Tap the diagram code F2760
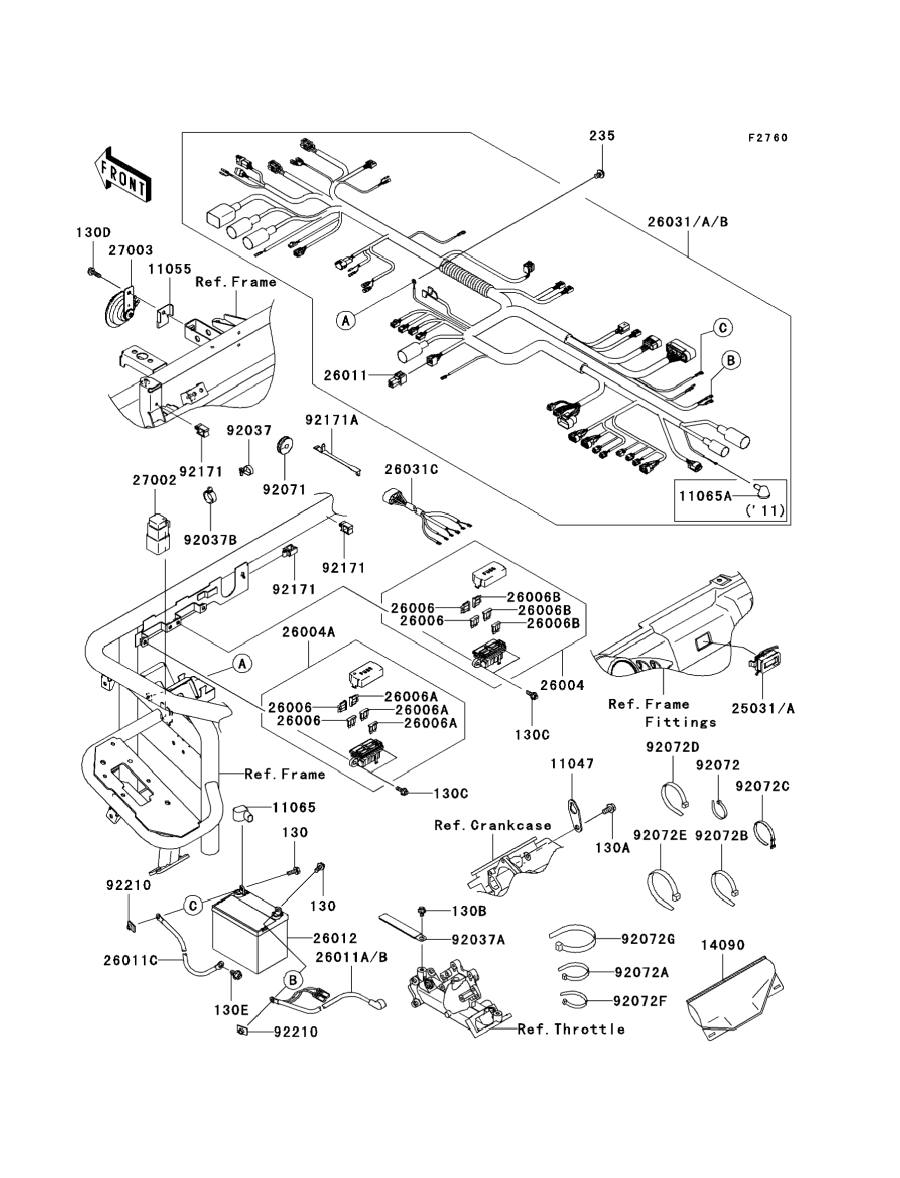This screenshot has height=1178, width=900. (x=768, y=138)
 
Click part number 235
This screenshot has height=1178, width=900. (x=602, y=136)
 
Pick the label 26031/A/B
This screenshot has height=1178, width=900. (x=688, y=221)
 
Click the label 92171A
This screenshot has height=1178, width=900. (x=332, y=420)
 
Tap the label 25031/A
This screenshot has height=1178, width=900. (x=763, y=708)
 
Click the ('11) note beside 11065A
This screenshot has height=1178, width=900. (x=765, y=510)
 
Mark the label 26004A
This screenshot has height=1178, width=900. (x=309, y=632)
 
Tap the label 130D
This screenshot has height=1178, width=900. (x=93, y=232)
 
